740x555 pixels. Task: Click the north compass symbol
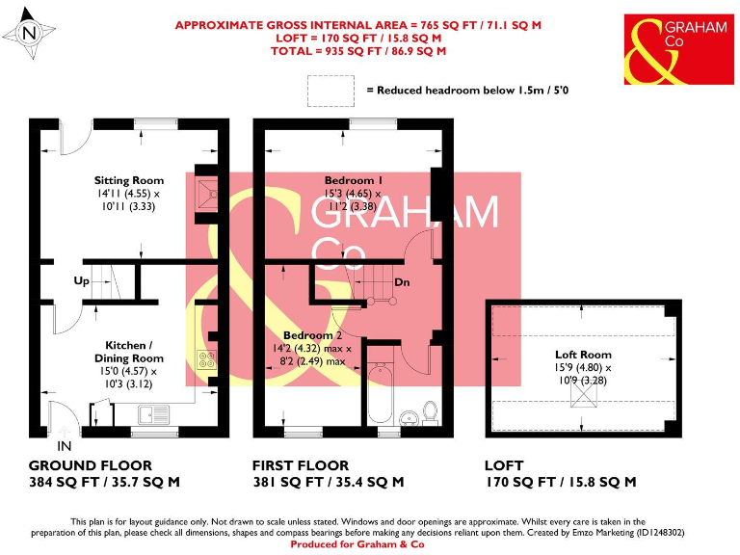[x=28, y=33]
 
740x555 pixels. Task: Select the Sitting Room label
[x=128, y=180]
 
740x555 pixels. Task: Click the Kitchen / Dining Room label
[x=128, y=351]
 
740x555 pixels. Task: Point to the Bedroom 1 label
[x=354, y=180]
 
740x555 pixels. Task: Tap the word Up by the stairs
[x=82, y=281]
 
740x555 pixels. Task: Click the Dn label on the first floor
[x=403, y=282]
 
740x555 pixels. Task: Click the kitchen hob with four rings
[x=205, y=359]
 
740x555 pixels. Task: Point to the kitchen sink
[x=154, y=415]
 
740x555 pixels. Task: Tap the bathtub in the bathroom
[x=379, y=396]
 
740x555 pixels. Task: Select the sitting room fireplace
[x=205, y=192]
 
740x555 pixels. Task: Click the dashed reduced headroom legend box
[x=330, y=91]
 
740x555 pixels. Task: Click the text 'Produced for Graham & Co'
[x=370, y=544]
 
